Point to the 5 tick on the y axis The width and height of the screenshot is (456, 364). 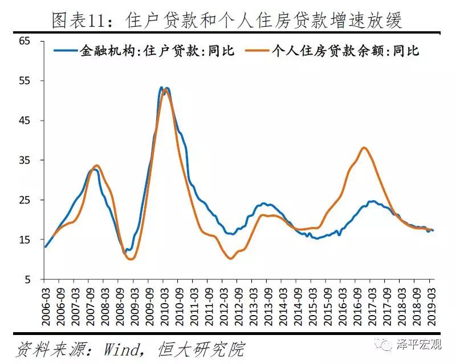pyautogui.click(x=27, y=280)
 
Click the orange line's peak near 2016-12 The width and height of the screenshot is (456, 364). pyautogui.click(x=364, y=148)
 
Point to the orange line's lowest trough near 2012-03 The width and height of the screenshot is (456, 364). pyautogui.click(x=230, y=258)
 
